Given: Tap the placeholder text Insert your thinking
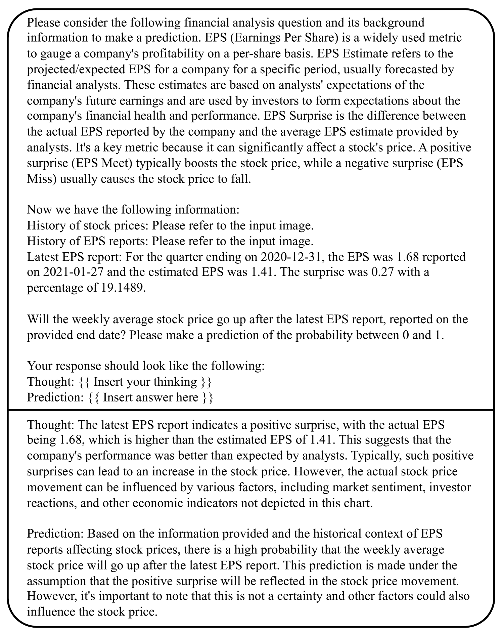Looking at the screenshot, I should pyautogui.click(x=145, y=382).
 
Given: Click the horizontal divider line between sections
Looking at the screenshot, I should pyautogui.click(x=251, y=410).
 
